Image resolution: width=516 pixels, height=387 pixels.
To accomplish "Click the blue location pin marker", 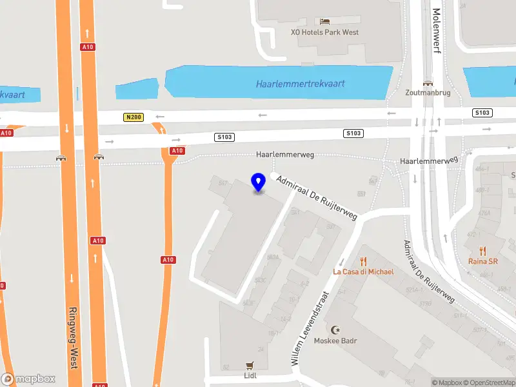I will tap(259, 183).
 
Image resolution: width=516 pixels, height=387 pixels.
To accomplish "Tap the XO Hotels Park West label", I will tap(324, 32).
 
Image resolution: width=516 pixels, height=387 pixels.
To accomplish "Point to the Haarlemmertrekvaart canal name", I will tap(300, 84).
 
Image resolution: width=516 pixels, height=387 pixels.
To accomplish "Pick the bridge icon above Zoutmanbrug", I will tap(427, 83).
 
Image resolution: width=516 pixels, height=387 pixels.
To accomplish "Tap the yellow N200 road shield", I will tap(133, 117).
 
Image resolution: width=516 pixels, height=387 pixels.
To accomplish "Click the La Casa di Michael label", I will tap(363, 272).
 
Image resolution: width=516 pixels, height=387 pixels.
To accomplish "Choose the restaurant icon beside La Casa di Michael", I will tap(363, 261).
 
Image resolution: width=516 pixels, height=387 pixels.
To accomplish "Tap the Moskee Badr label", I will tap(335, 341).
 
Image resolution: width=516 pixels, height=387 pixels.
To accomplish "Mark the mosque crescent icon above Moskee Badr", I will tap(335, 330).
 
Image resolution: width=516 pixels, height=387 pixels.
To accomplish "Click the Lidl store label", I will tap(250, 375).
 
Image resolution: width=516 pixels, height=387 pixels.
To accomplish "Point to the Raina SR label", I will tap(483, 261).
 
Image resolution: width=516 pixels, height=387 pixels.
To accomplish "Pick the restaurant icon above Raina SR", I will tap(483, 251).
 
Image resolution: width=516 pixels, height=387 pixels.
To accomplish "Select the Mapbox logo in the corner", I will tap(28, 379).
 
